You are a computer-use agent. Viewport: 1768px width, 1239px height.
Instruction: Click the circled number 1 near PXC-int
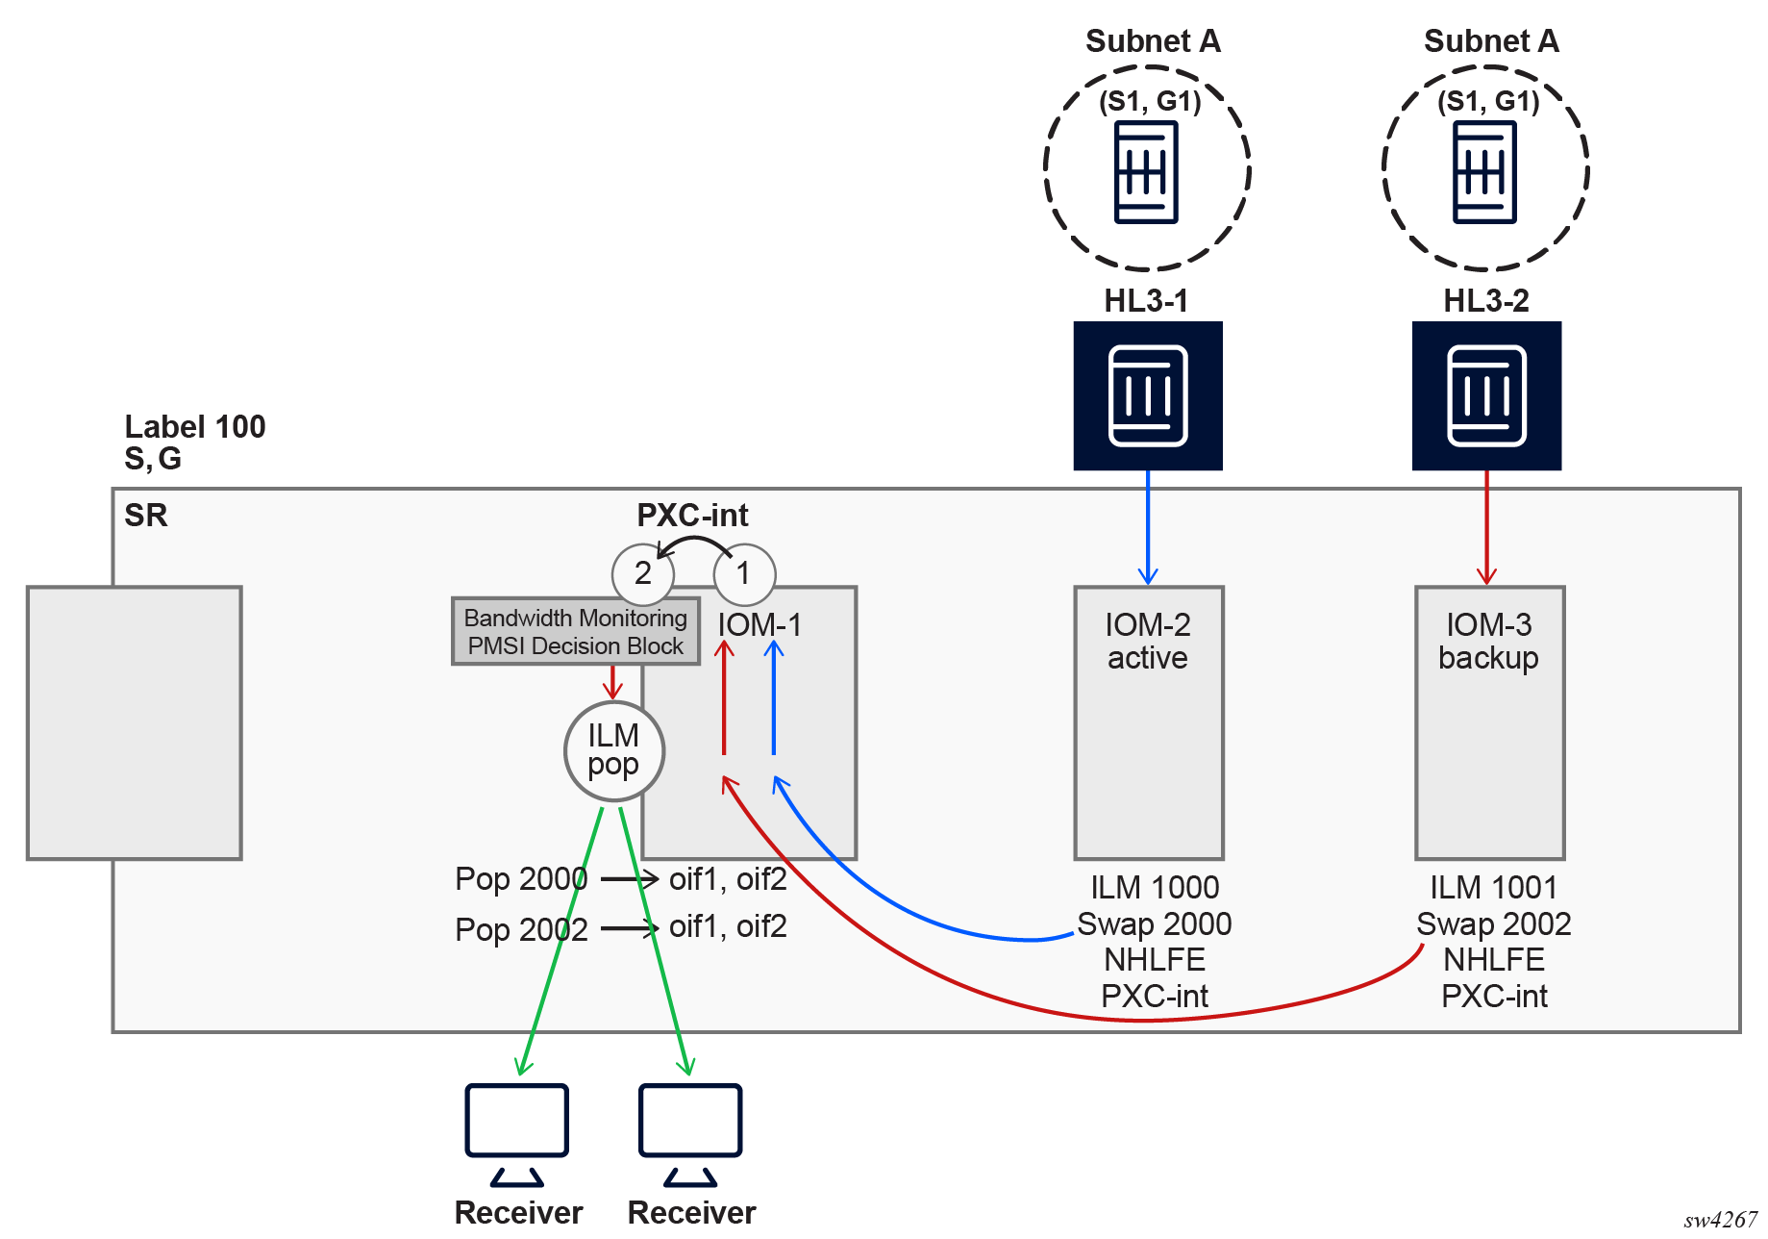[744, 574]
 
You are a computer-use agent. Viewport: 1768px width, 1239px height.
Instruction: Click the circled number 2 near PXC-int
[642, 574]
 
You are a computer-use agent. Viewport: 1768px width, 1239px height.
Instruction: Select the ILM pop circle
[613, 750]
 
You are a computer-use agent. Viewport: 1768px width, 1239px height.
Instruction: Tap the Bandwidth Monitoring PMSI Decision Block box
[575, 631]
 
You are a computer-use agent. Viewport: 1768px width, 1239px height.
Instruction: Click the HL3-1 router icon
[1148, 395]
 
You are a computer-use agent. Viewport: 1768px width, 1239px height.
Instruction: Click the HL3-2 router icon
[1486, 395]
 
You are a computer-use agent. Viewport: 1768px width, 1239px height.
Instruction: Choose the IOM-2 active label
[1148, 642]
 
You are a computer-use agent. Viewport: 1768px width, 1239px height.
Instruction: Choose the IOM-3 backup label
[1488, 642]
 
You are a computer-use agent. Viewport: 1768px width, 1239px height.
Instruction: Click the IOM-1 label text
[759, 625]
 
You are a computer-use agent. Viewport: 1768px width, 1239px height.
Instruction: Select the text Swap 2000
[1154, 924]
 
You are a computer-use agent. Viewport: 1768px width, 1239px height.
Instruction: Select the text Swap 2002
[1493, 924]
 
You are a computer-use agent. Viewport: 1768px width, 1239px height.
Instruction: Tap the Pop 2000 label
[520, 879]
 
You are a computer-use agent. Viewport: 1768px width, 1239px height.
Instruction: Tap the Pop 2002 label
[520, 930]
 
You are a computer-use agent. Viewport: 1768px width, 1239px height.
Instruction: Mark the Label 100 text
[195, 427]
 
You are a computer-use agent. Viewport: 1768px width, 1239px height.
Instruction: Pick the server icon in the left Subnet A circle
[1146, 173]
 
